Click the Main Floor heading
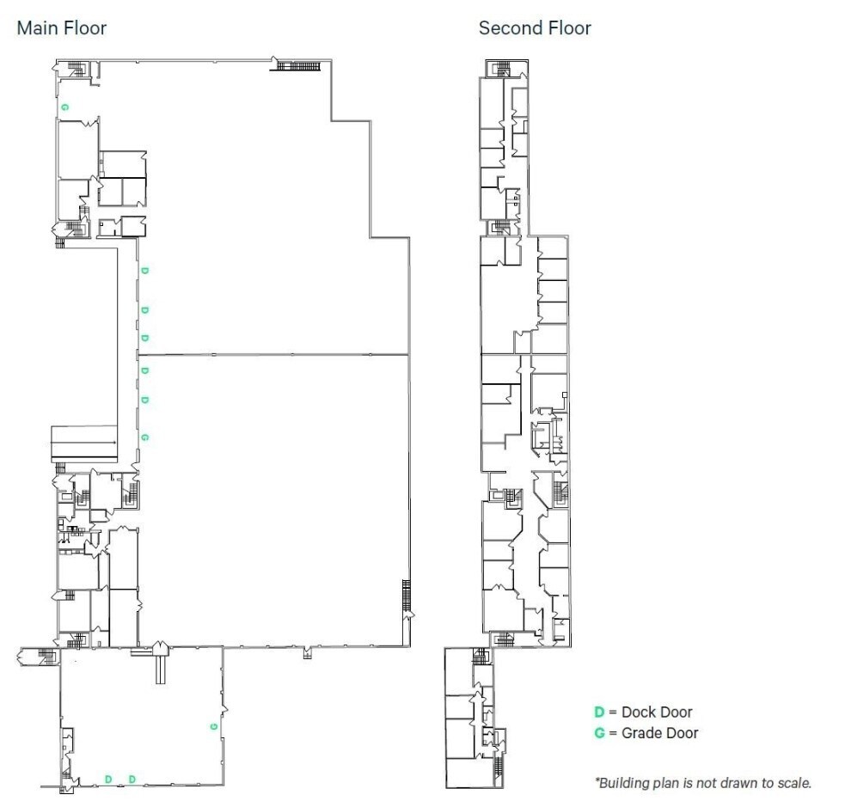tap(62, 28)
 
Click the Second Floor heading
tap(535, 28)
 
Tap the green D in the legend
tap(599, 712)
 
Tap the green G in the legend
tap(599, 733)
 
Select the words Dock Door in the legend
tap(657, 712)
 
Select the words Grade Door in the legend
tap(660, 733)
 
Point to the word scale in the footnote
tap(793, 783)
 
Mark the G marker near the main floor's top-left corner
tap(64, 107)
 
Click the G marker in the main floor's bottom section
tap(212, 726)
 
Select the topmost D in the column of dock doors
tap(144, 271)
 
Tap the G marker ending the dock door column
tap(144, 437)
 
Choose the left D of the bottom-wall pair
tap(108, 780)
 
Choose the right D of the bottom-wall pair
tap(132, 780)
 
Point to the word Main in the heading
tap(35, 28)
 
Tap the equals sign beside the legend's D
tap(613, 712)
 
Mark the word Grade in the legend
tap(641, 733)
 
